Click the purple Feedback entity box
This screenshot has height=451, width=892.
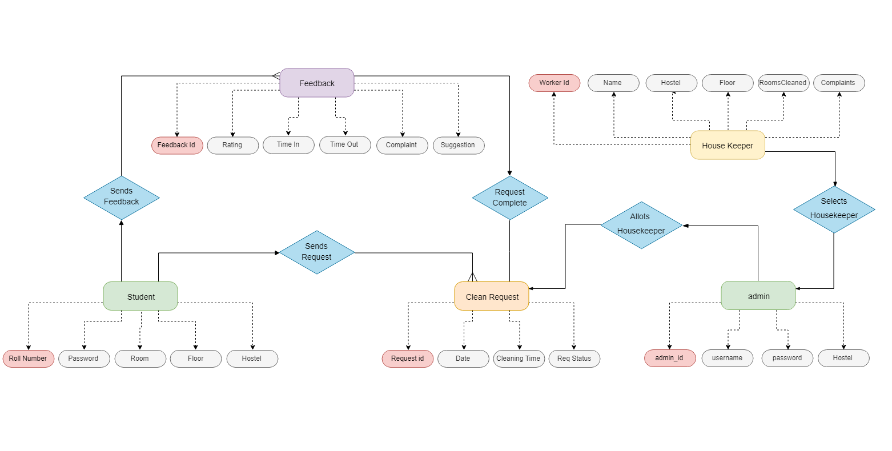[317, 83]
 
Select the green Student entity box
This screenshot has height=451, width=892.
[140, 296]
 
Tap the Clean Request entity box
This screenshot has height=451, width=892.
[492, 296]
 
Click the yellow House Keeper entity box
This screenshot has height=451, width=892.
[728, 145]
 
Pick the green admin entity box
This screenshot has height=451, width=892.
[758, 296]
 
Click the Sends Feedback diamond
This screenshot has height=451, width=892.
[122, 198]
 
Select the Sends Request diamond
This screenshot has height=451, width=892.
[317, 252]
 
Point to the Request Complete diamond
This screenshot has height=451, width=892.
[510, 198]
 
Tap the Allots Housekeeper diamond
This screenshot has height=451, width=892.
[641, 225]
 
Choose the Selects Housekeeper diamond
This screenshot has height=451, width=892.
[834, 209]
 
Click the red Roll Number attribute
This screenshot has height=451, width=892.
[29, 359]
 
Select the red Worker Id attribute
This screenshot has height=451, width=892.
[555, 83]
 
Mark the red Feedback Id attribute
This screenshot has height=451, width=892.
[177, 145]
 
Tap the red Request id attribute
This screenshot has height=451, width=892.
[408, 359]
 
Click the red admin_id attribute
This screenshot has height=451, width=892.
[670, 358]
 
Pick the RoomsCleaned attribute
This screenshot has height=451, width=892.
[783, 83]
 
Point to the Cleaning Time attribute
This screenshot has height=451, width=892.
[519, 359]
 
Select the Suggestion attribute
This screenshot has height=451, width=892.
[458, 145]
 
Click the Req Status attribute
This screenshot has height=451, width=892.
[574, 359]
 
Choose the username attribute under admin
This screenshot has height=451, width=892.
[728, 358]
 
